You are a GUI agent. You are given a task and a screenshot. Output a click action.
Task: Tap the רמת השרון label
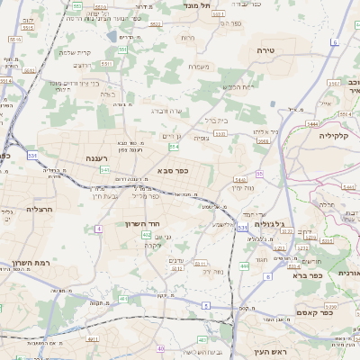pos(30,264)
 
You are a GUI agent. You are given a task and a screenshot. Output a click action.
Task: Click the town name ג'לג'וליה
pos(269,224)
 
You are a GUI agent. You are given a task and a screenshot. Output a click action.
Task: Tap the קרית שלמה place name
pos(77,52)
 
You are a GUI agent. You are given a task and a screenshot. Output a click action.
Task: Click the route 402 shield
pos(146,234)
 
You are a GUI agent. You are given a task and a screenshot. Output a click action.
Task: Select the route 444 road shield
pos(244,266)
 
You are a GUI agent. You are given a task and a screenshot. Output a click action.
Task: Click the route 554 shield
pos(174,146)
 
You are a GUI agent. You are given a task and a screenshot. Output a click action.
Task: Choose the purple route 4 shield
pos(97,229)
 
